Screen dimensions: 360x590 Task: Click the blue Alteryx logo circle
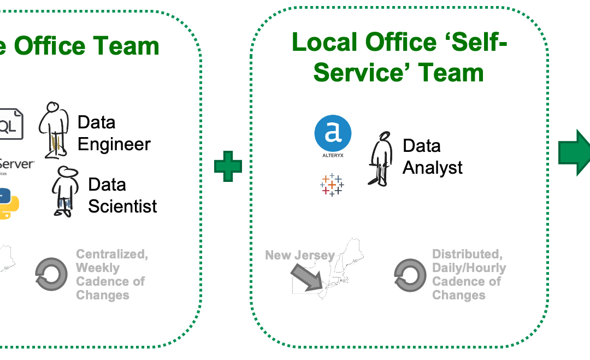(x=333, y=133)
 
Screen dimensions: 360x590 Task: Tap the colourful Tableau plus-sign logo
(x=331, y=185)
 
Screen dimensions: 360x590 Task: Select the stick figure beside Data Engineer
(x=55, y=130)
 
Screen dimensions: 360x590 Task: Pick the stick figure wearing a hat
(x=64, y=191)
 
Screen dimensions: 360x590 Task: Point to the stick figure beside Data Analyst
(x=381, y=158)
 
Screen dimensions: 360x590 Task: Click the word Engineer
(x=114, y=144)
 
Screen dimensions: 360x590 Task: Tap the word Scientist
(x=122, y=206)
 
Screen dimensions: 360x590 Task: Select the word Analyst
(x=432, y=167)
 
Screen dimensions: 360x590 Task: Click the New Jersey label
(x=299, y=255)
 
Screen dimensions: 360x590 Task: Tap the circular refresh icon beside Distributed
(x=410, y=274)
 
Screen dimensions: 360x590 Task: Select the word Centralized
(x=112, y=254)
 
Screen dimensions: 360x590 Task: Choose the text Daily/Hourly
(x=469, y=268)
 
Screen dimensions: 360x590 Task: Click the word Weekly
(x=97, y=268)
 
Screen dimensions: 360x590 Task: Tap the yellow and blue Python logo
(x=8, y=203)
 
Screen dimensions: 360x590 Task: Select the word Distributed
(x=467, y=254)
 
